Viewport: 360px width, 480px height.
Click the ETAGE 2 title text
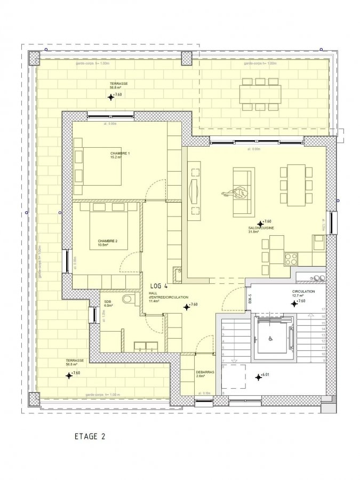click(90, 436)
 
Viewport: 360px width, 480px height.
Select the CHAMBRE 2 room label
click(107, 243)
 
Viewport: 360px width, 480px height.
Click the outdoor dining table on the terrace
click(260, 94)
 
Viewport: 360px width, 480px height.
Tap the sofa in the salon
click(244, 192)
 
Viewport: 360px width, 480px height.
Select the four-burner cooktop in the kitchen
click(291, 259)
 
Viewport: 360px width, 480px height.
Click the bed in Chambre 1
click(101, 166)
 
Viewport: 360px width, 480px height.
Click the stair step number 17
click(323, 310)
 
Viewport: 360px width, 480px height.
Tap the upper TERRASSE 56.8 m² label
click(118, 85)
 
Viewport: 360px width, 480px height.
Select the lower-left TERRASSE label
click(75, 362)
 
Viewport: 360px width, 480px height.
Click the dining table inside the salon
click(296, 185)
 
